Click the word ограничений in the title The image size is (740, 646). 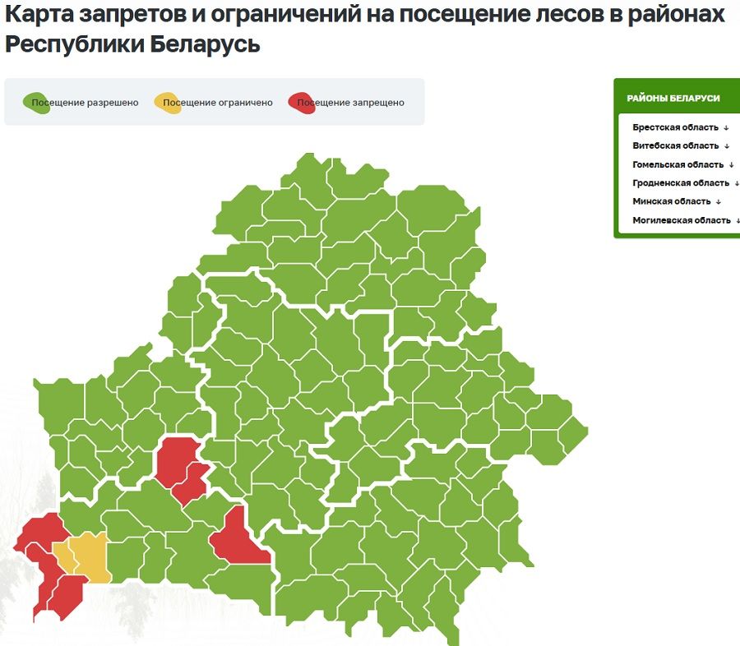tap(266, 14)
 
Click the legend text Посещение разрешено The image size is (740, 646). tap(86, 103)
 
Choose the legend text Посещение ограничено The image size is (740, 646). tap(218, 103)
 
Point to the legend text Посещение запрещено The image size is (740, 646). tap(350, 103)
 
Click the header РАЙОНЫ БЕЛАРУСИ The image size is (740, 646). tap(673, 98)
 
